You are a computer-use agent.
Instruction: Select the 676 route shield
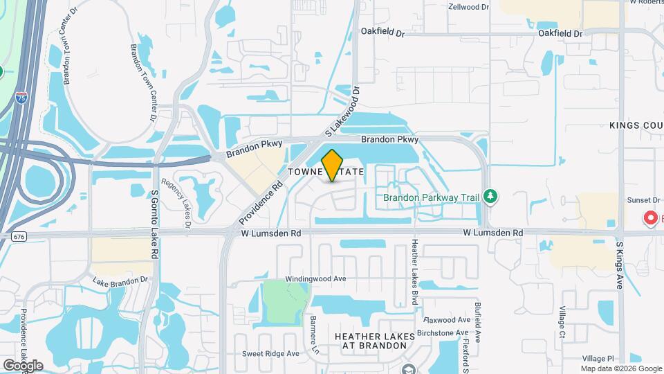[19, 236]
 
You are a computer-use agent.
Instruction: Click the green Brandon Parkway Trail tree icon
[490, 197]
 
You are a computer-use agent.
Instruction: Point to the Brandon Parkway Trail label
[432, 197]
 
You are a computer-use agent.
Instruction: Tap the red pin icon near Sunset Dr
[650, 219]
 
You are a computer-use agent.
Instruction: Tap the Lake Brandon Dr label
[120, 280]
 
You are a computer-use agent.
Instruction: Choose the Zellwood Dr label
[468, 7]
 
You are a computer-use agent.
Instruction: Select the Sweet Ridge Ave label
[270, 353]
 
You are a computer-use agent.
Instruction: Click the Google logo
[23, 365]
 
